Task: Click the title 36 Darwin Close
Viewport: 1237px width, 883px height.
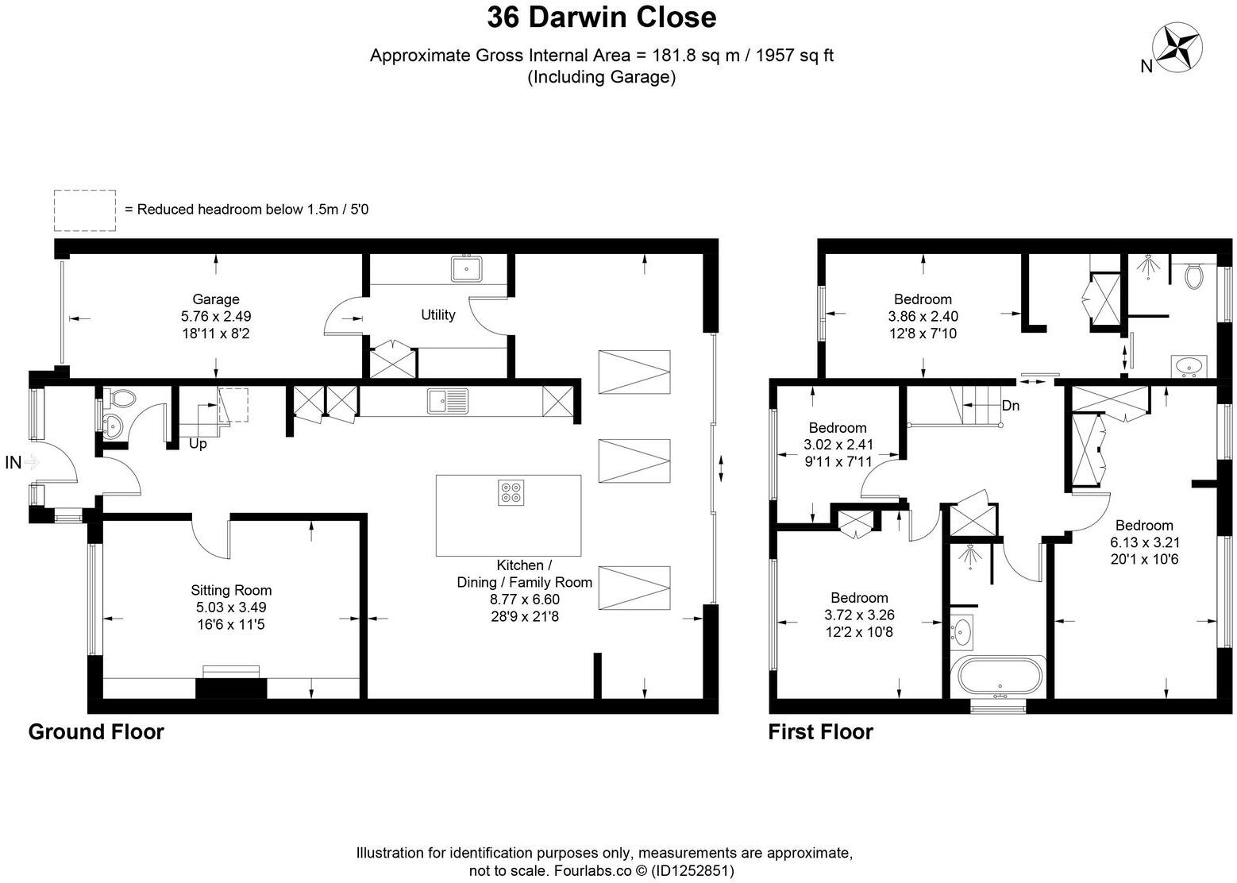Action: (x=601, y=17)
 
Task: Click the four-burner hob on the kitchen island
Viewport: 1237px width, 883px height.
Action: (x=510, y=493)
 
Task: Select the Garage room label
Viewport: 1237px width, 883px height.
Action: (x=215, y=299)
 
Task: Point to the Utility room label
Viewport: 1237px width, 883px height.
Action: (x=437, y=315)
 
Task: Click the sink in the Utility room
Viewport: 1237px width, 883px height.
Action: (x=467, y=269)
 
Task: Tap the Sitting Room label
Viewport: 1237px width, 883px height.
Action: (x=231, y=590)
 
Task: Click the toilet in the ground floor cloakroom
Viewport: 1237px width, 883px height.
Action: (x=121, y=397)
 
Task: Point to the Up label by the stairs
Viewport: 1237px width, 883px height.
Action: (x=198, y=444)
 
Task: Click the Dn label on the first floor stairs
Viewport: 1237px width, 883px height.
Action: (x=1010, y=406)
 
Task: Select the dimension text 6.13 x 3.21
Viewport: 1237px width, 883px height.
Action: (x=1143, y=542)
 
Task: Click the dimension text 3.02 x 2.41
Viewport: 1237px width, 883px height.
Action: (x=838, y=445)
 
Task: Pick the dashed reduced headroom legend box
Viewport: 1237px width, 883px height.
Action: (x=85, y=210)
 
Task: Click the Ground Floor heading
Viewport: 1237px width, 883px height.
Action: (x=96, y=731)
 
